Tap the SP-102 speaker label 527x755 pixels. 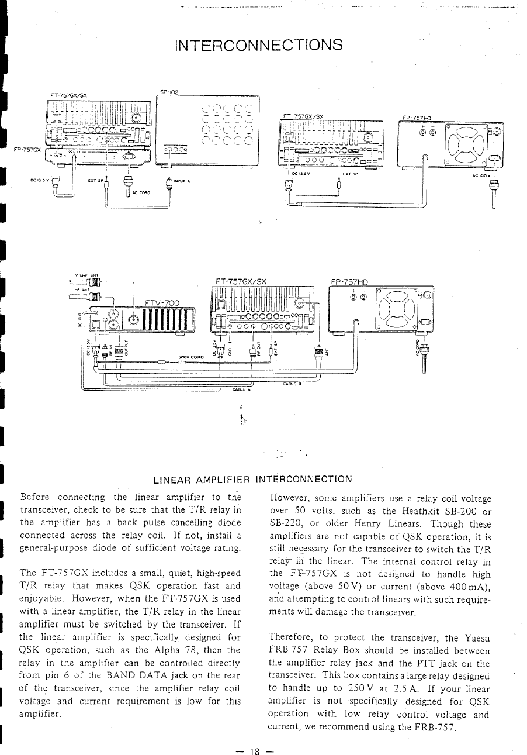(x=168, y=92)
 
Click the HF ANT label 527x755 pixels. (x=81, y=288)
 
